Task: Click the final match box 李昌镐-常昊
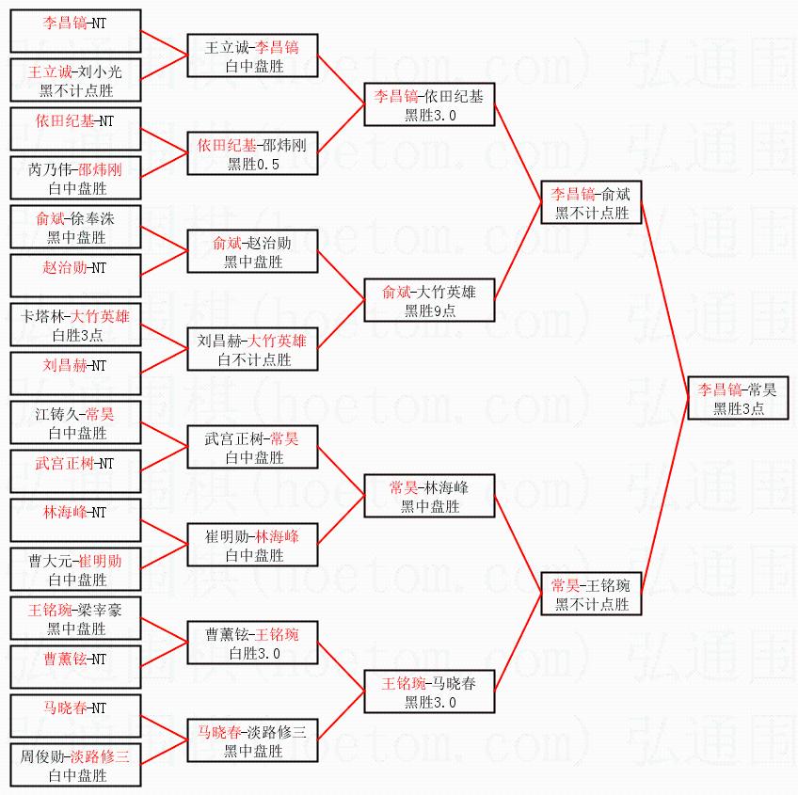(x=738, y=398)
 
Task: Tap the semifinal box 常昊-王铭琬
(x=591, y=595)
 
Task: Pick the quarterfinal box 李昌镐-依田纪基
(x=429, y=105)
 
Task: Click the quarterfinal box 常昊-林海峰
(x=429, y=496)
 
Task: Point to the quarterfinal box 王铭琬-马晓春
(x=429, y=692)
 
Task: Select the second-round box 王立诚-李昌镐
(x=252, y=56)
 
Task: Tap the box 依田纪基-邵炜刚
(x=252, y=154)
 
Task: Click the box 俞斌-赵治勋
(x=252, y=252)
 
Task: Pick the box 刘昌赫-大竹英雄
(x=252, y=350)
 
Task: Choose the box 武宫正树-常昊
(x=252, y=448)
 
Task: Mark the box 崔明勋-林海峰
(x=252, y=546)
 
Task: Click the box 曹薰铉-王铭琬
(x=252, y=644)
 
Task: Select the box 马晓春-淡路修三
(x=252, y=741)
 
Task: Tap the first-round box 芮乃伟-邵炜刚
(x=75, y=179)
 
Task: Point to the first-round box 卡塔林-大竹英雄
(x=75, y=326)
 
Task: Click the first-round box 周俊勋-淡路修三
(x=75, y=766)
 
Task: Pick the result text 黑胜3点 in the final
(x=738, y=408)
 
